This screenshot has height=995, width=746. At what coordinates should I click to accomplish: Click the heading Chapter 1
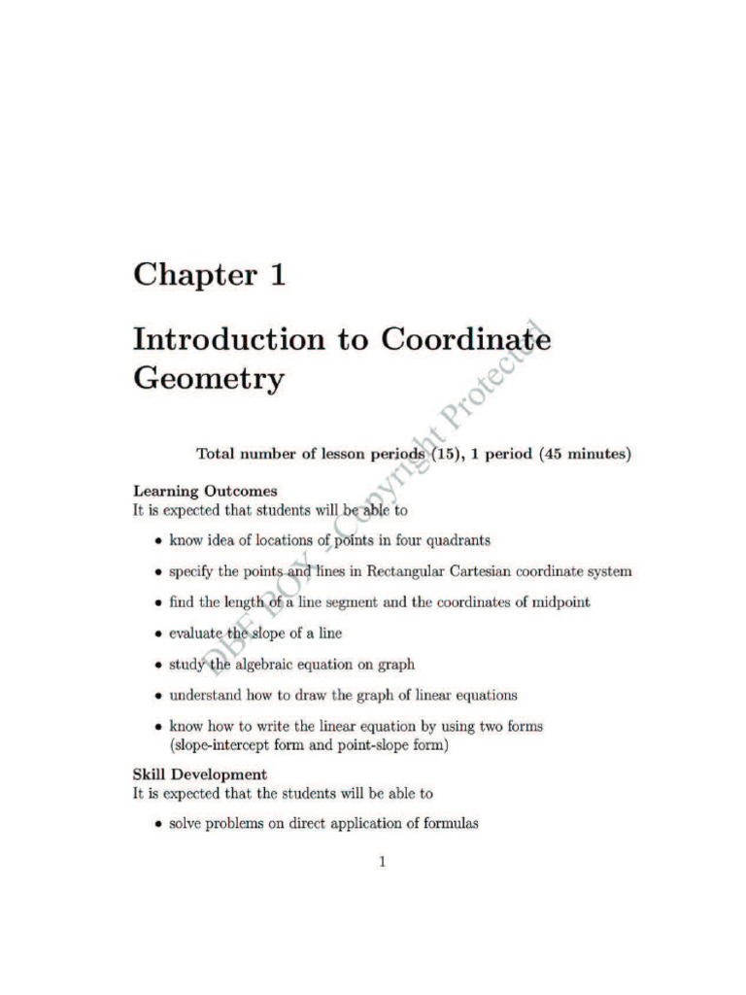click(209, 275)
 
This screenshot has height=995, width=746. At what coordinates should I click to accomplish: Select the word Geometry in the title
click(208, 378)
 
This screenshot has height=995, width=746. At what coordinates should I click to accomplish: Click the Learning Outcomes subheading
click(205, 492)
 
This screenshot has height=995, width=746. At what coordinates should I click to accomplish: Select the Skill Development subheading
click(199, 774)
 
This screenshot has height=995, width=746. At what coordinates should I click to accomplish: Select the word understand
click(206, 696)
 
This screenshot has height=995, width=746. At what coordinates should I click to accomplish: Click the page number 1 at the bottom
click(383, 862)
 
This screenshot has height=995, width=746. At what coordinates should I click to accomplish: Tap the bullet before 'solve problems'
click(157, 826)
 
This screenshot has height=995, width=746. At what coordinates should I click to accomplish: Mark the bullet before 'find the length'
click(157, 603)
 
